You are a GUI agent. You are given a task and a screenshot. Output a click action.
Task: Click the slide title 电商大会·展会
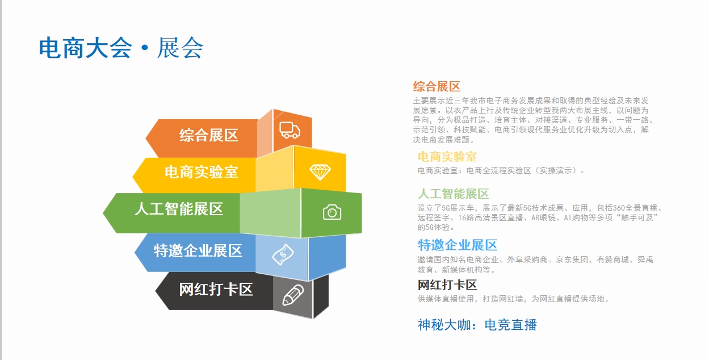click(121, 48)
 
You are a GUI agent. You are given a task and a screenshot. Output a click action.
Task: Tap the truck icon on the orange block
click(290, 130)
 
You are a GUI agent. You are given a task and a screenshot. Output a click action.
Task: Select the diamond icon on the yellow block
click(320, 172)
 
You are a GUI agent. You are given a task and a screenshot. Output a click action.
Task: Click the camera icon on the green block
click(332, 212)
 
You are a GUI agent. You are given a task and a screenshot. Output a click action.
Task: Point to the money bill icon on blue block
click(283, 254)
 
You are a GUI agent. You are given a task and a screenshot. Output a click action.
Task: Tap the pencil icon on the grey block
click(293, 295)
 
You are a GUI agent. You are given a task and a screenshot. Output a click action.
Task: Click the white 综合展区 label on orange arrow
click(208, 136)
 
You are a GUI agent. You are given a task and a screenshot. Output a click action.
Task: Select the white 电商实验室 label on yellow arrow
click(202, 172)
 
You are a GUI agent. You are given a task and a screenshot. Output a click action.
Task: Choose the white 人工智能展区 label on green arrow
click(179, 209)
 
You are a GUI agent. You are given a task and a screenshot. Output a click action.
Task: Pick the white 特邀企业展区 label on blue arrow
click(198, 251)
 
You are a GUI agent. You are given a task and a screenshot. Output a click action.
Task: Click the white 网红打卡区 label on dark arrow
click(216, 290)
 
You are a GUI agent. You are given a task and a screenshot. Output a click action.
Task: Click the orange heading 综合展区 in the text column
click(437, 86)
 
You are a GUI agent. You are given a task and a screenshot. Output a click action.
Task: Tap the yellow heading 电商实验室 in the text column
click(447, 157)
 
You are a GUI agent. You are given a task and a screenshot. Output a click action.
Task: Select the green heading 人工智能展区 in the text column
click(453, 194)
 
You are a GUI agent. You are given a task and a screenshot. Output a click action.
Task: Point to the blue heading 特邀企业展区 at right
click(458, 245)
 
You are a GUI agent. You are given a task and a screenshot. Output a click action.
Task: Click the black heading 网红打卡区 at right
click(447, 285)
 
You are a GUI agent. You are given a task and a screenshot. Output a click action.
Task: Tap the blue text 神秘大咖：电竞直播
click(477, 325)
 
